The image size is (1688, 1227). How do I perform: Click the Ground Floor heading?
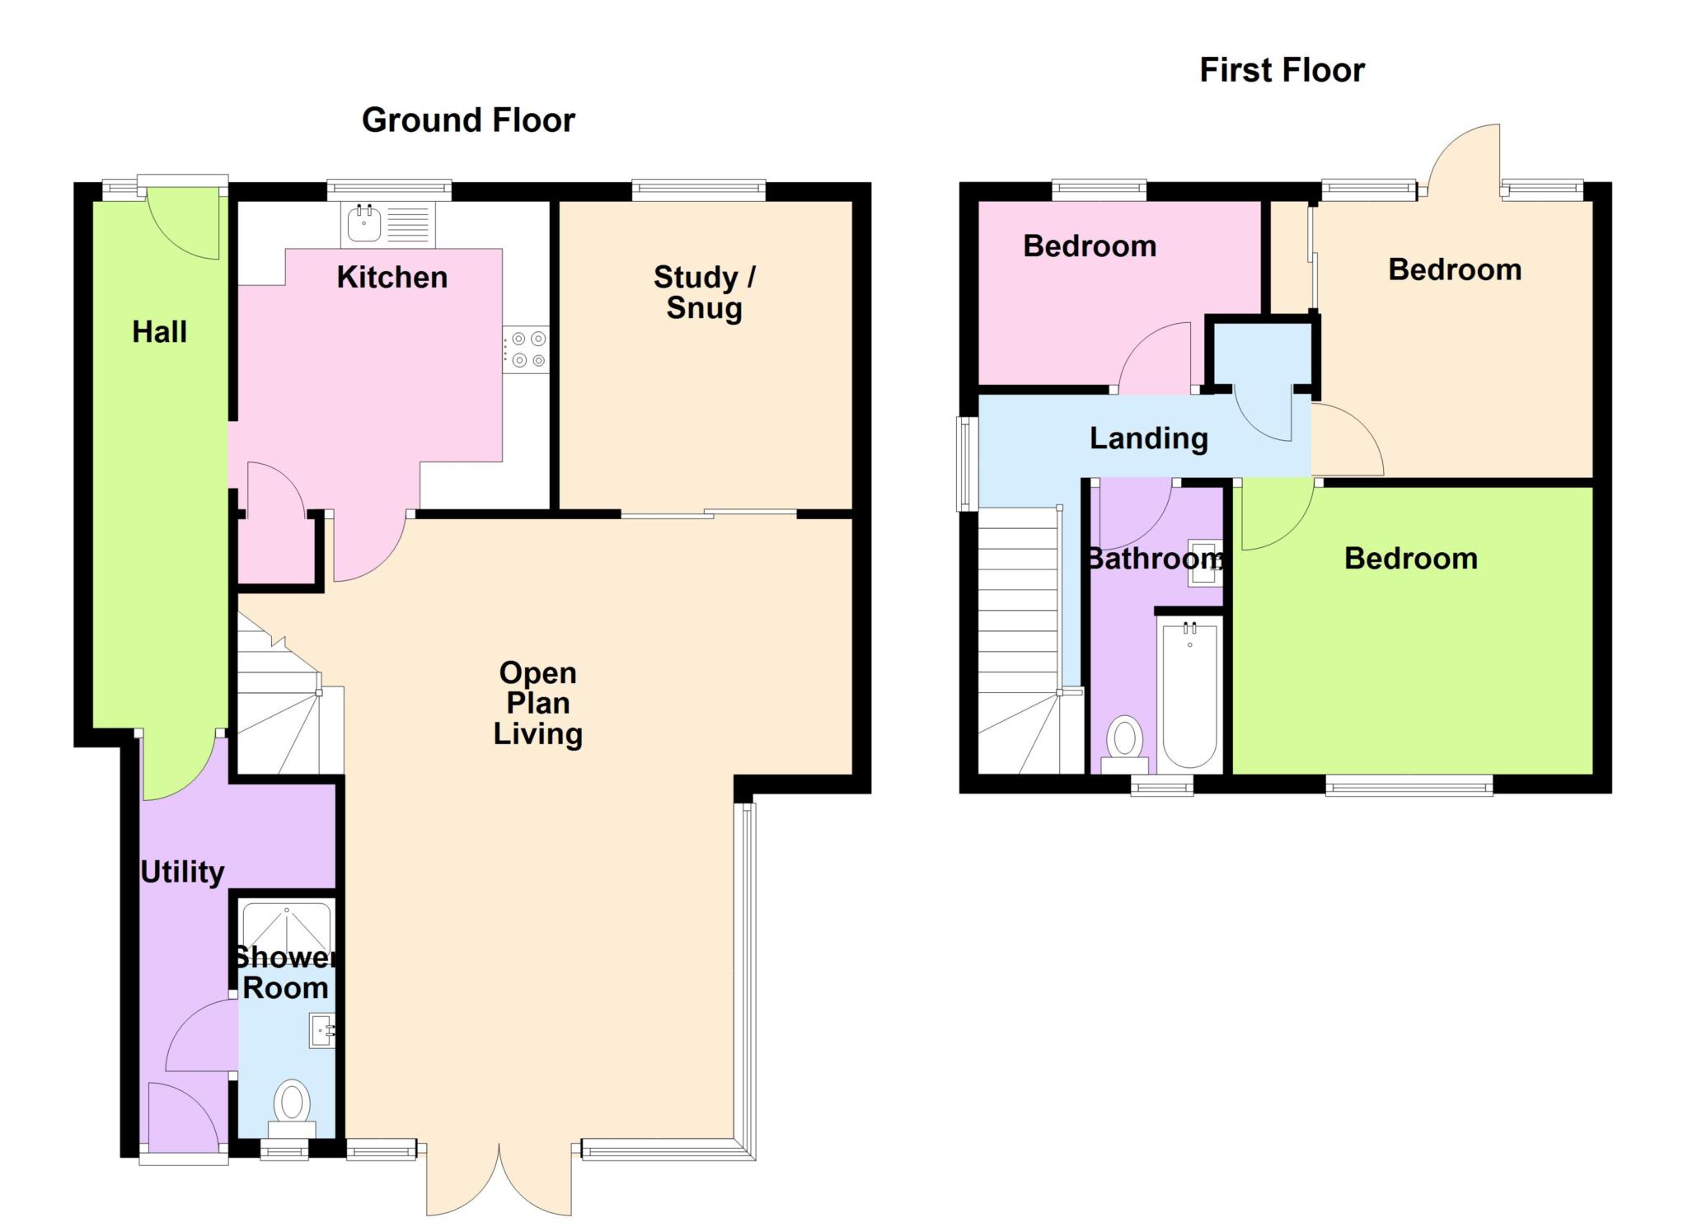pyautogui.click(x=468, y=120)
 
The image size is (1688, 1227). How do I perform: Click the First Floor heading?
pyautogui.click(x=1282, y=70)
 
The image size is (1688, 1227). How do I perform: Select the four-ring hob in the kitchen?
pyautogui.click(x=526, y=349)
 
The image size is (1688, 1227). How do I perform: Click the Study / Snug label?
pyautogui.click(x=705, y=293)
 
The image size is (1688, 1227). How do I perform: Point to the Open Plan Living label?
pyautogui.click(x=538, y=703)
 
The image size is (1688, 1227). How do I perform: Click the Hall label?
pyautogui.click(x=160, y=332)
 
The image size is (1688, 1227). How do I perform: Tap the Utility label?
pyautogui.click(x=182, y=872)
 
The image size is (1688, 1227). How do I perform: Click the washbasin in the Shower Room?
pyautogui.click(x=322, y=1030)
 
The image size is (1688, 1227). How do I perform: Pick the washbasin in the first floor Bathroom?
pyautogui.click(x=1205, y=563)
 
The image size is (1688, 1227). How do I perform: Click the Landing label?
pyautogui.click(x=1149, y=439)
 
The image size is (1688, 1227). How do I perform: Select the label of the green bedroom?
pyautogui.click(x=1410, y=559)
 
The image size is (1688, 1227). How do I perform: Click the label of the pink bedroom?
pyautogui.click(x=1090, y=246)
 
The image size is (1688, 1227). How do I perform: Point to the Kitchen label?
pyautogui.click(x=392, y=278)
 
